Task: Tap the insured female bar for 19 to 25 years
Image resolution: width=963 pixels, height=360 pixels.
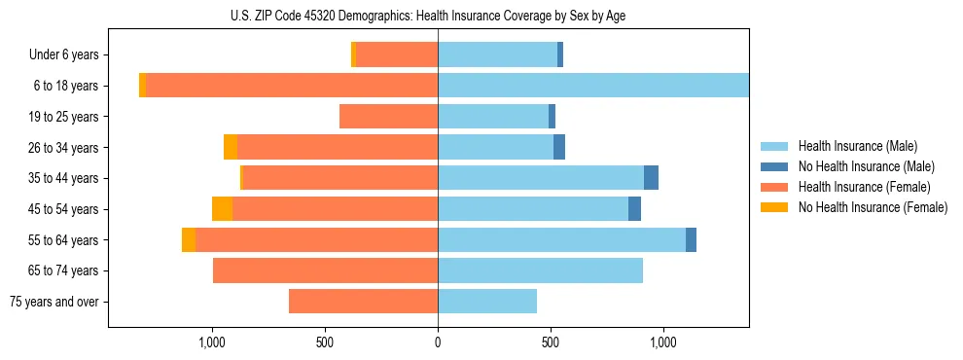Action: pos(388,117)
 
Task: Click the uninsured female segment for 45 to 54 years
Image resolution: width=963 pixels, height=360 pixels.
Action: pos(222,209)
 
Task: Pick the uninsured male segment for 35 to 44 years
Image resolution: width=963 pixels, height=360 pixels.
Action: pos(651,178)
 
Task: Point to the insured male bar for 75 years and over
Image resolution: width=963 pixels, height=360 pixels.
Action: pos(487,302)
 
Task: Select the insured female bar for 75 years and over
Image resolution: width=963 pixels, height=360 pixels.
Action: pos(363,302)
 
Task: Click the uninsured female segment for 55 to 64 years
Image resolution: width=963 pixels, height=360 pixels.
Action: pos(189,240)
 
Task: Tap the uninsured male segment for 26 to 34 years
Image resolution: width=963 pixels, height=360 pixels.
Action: pos(559,147)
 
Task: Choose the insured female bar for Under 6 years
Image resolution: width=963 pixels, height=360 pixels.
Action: pos(397,54)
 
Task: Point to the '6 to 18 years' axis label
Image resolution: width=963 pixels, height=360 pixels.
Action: pos(65,86)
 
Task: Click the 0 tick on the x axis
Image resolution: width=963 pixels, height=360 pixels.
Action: pos(438,342)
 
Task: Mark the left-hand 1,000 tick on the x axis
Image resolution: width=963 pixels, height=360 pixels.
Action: pos(212,342)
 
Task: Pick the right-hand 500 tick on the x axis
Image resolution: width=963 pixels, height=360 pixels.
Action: pos(551,342)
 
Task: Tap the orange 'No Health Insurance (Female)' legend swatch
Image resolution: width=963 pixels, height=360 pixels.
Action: pos(774,207)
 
